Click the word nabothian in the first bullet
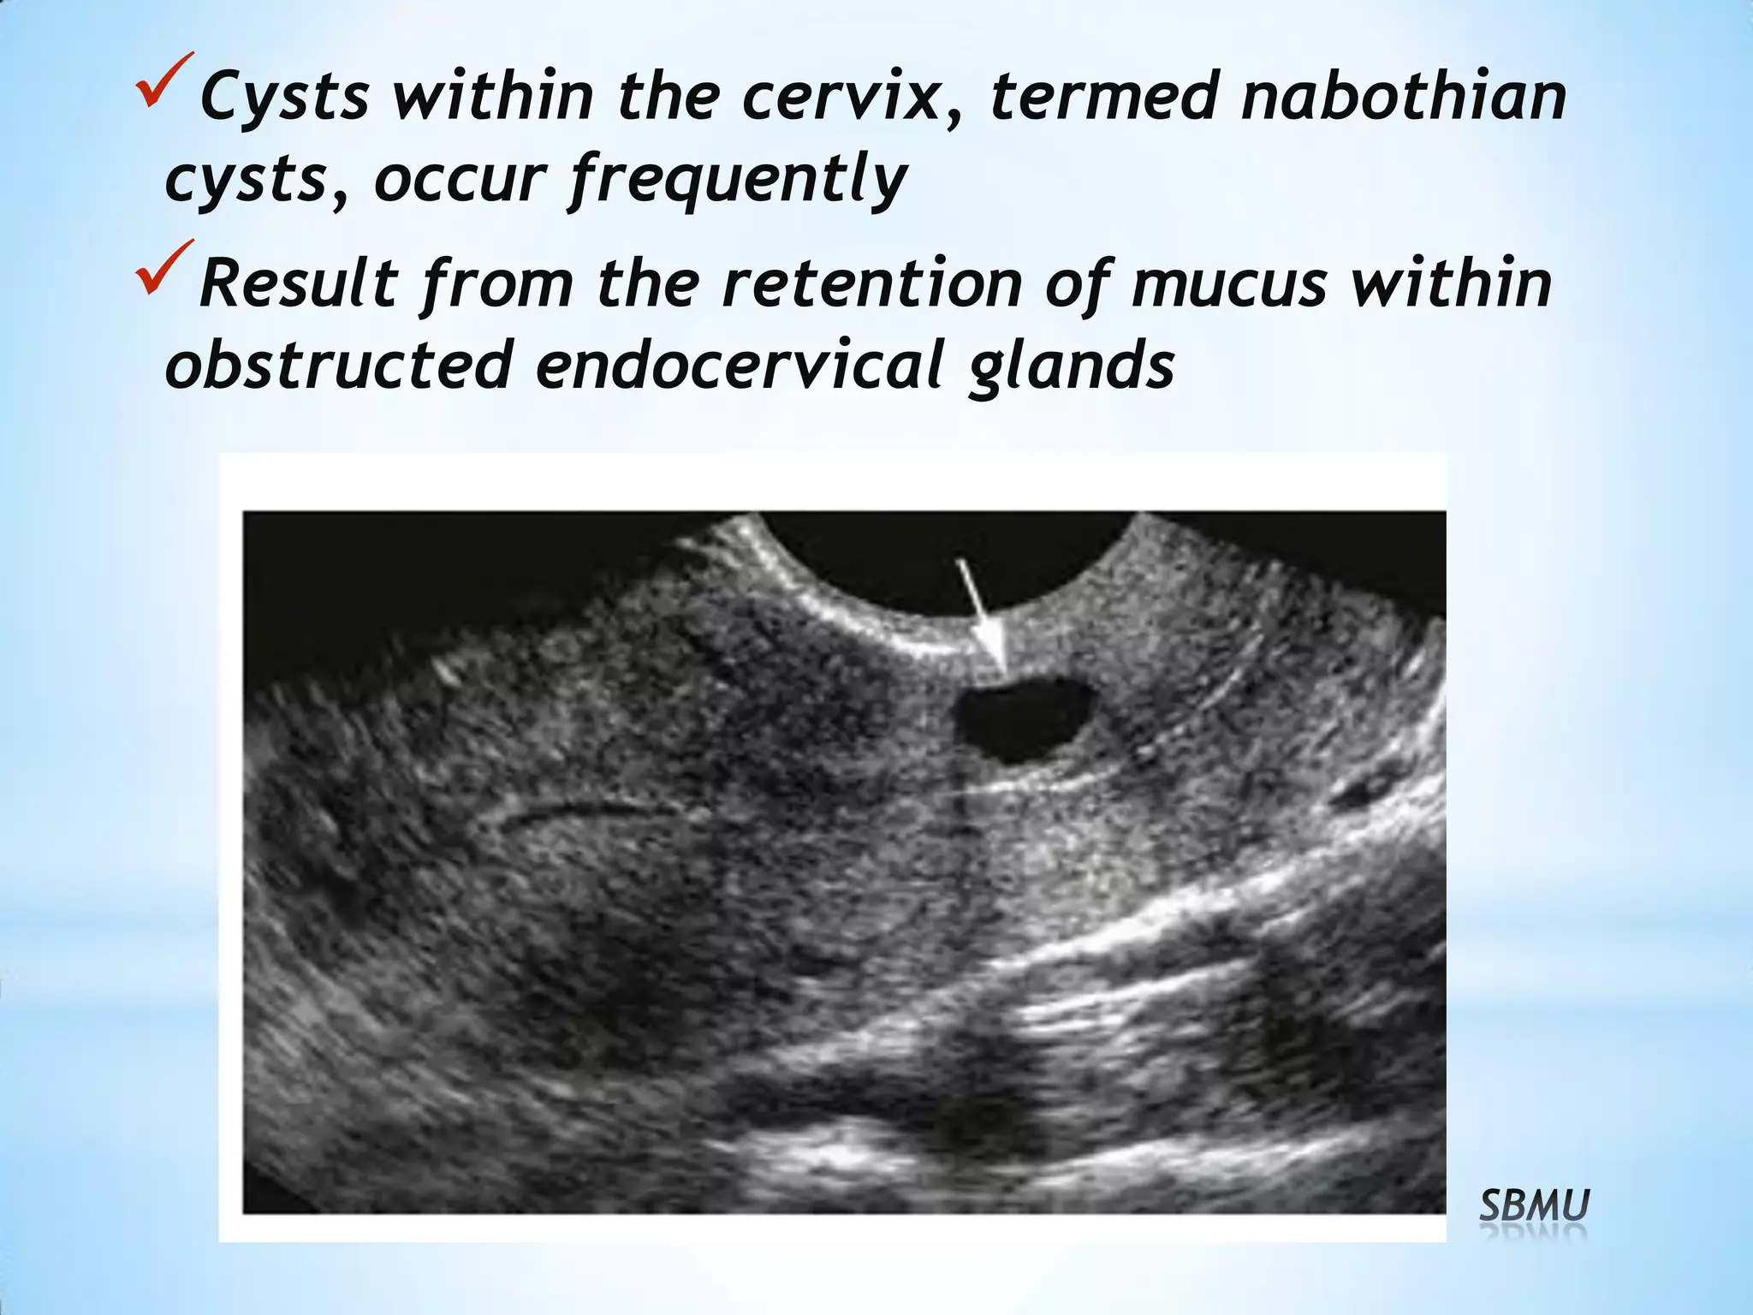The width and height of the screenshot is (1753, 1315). point(1404,96)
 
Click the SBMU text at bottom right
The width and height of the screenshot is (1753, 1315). point(1534,1207)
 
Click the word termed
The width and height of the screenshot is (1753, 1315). point(1103,96)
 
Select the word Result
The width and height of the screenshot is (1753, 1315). point(298,283)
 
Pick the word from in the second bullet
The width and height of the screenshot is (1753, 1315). point(496,283)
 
